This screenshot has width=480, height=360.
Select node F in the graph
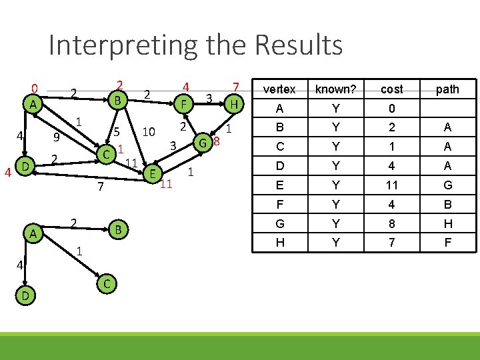182,104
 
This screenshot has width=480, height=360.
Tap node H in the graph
233,103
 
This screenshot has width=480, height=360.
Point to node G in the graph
204,141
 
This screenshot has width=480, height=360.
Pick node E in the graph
153,173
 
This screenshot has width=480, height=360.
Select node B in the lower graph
117,229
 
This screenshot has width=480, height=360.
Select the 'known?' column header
335,89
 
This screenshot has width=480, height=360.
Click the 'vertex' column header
279,89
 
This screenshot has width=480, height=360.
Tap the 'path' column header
447,89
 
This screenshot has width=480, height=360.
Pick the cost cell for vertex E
391,186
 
